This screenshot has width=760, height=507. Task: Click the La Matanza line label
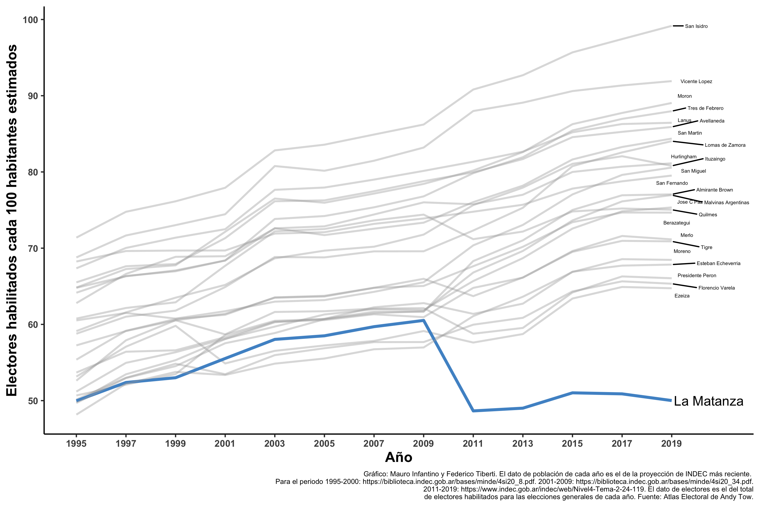(708, 401)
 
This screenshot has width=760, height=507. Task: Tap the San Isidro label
(696, 26)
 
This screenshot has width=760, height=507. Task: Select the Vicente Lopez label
(696, 81)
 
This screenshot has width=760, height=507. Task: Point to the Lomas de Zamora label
(725, 145)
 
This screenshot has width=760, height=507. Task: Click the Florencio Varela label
(716, 288)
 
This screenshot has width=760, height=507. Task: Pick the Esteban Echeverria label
(718, 264)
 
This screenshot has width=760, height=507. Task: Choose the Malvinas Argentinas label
(727, 203)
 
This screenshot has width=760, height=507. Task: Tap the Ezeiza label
(682, 296)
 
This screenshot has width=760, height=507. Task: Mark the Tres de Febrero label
(705, 108)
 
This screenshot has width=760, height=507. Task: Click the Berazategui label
(676, 223)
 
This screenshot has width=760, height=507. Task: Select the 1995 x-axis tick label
(76, 443)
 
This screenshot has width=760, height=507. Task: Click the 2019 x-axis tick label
(671, 443)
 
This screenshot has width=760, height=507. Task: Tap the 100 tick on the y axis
(30, 20)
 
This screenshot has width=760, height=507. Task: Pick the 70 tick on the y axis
(33, 249)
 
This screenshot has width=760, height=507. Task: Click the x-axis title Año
(398, 457)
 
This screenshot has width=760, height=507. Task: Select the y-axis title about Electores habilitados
(12, 220)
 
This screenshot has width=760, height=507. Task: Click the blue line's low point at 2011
(473, 411)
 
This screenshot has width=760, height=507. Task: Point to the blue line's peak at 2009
(423, 321)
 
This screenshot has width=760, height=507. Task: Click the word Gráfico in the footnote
(375, 474)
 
